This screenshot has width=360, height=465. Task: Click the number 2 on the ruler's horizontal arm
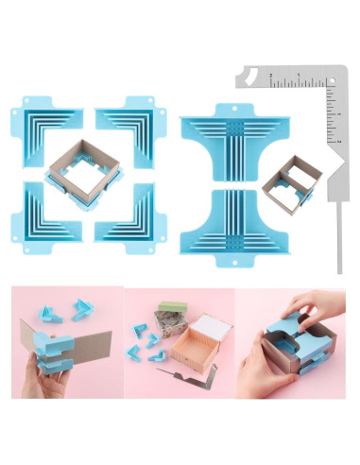pos(271,76)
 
